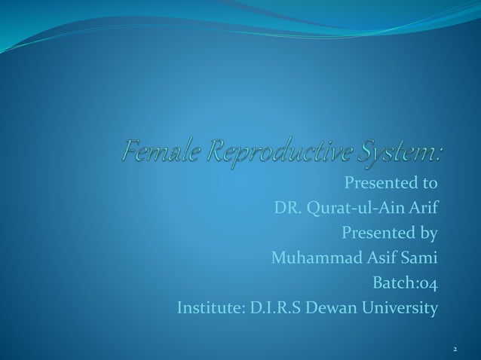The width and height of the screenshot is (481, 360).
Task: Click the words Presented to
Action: click(x=391, y=183)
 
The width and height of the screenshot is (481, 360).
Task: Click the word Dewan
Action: click(x=335, y=308)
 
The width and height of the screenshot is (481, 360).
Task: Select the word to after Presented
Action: click(x=428, y=183)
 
